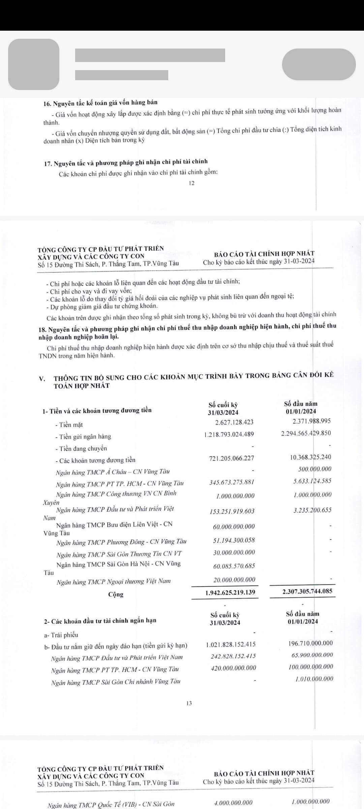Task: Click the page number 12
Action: (192, 183)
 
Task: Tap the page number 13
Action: (189, 703)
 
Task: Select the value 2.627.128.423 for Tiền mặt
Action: (234, 422)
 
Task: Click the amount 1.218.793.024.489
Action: (229, 434)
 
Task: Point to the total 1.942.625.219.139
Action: (230, 592)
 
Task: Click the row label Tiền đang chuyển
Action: (81, 448)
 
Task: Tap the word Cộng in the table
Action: (116, 594)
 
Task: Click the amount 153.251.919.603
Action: (232, 511)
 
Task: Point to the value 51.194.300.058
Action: (234, 540)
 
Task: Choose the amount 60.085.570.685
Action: (234, 566)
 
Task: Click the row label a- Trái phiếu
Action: (61, 635)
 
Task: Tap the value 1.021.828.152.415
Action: (231, 645)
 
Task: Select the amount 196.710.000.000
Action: (310, 643)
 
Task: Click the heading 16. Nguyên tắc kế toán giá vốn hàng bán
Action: (100, 102)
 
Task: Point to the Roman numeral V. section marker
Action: (42, 378)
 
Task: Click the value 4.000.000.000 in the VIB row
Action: (233, 803)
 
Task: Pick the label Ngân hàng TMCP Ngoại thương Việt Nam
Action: (114, 581)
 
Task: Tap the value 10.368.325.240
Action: (310, 457)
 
